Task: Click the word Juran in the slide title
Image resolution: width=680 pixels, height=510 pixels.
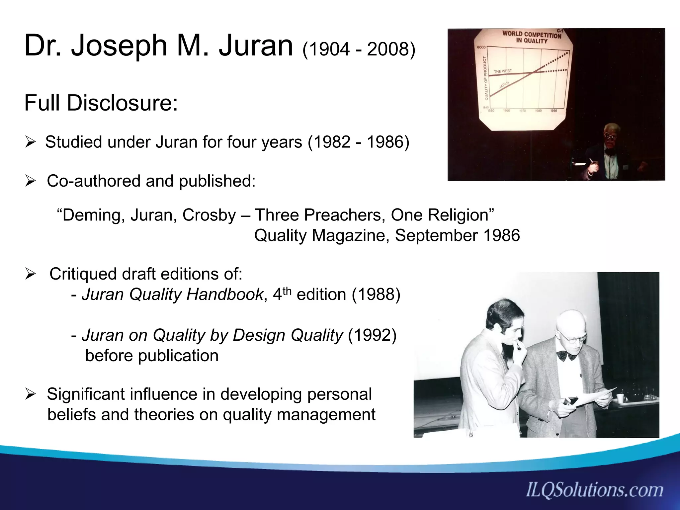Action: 256,46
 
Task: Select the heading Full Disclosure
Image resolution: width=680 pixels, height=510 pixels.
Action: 101,103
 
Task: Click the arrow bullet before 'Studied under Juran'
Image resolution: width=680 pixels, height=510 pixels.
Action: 30,143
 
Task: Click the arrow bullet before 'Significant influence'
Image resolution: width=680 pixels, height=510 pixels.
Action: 30,395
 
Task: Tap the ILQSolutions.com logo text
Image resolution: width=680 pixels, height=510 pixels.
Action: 594,490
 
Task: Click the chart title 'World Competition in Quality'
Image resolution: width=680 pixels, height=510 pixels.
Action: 531,37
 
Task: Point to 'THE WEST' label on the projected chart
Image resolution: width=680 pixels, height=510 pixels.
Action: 503,71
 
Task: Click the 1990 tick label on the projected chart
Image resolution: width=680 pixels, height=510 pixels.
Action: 553,110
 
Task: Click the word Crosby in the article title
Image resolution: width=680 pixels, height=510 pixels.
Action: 209,215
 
